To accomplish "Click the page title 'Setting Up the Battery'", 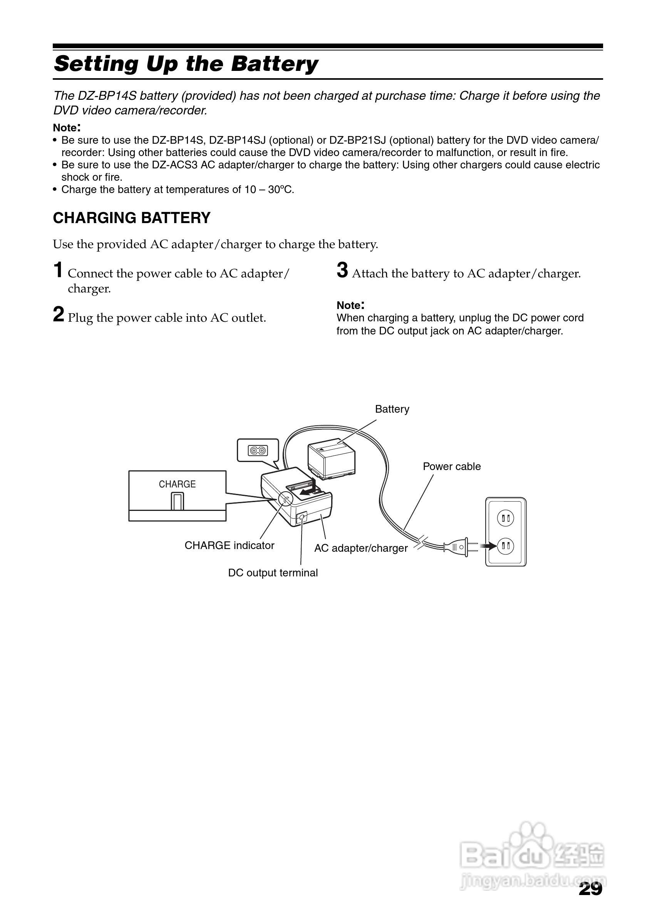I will point(186,64).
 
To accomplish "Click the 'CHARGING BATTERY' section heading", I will point(132,218).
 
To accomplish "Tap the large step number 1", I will point(58,270).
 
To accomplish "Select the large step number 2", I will point(58,314).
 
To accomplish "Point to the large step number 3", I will point(342,270).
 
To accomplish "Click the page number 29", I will point(590,888).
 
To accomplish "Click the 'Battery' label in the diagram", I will point(392,409).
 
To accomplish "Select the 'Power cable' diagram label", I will point(451,467).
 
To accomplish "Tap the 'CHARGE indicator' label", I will point(229,546).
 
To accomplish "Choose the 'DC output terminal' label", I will point(273,573).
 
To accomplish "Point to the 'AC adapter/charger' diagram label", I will point(361,548).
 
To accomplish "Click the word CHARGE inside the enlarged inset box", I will point(177,484).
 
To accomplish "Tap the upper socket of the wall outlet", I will point(506,518).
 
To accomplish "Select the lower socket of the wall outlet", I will point(506,546).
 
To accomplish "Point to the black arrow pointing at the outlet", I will point(488,546).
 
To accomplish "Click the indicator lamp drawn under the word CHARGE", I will point(177,501).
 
